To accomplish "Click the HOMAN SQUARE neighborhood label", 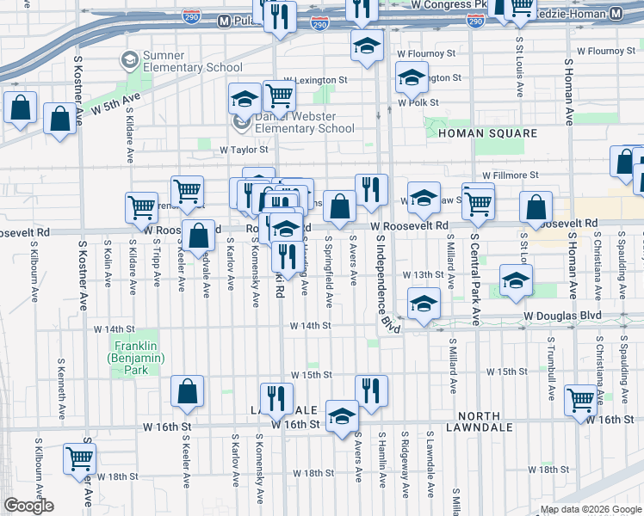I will click(x=487, y=133).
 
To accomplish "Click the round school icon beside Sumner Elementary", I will click(x=129, y=60).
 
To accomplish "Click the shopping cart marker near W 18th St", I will click(x=79, y=459).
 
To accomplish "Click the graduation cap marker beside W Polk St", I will click(x=412, y=79).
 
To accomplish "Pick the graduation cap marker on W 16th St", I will click(x=342, y=416).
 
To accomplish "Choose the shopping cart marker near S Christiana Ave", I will click(x=581, y=399).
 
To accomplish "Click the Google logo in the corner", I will click(x=28, y=506).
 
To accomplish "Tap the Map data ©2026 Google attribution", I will click(x=590, y=509).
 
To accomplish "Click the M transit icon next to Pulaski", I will click(x=224, y=19).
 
